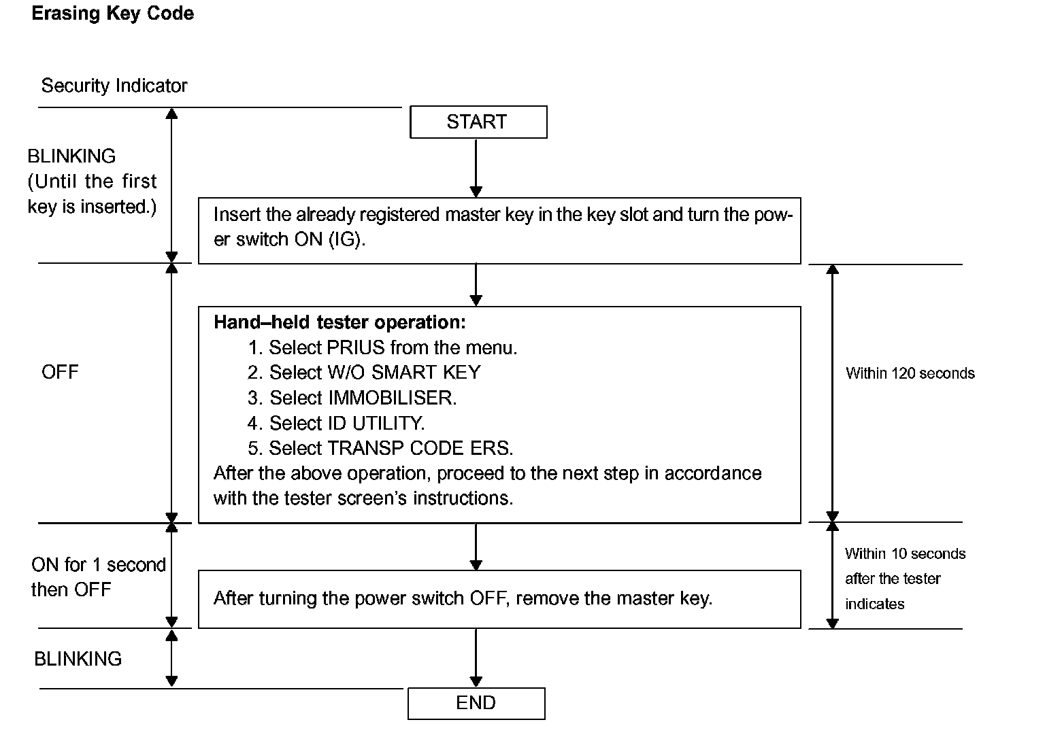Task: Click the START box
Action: click(x=478, y=122)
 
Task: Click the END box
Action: click(x=476, y=704)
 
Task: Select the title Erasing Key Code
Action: click(x=112, y=14)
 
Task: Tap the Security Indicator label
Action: click(x=114, y=86)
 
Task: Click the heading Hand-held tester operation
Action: click(x=339, y=322)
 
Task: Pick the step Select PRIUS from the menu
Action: click(x=382, y=347)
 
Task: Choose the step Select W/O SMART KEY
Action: click(x=364, y=373)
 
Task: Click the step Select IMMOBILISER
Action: click(x=352, y=398)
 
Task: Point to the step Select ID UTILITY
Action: click(x=336, y=424)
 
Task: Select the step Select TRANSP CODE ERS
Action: click(x=380, y=449)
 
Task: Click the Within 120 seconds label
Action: click(x=910, y=373)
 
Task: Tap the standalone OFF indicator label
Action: click(x=60, y=372)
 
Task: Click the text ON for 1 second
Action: click(x=99, y=565)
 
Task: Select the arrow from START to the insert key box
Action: click(x=476, y=169)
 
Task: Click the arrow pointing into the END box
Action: click(x=476, y=657)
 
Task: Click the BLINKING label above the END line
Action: click(x=78, y=659)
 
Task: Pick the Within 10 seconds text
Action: click(x=905, y=554)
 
